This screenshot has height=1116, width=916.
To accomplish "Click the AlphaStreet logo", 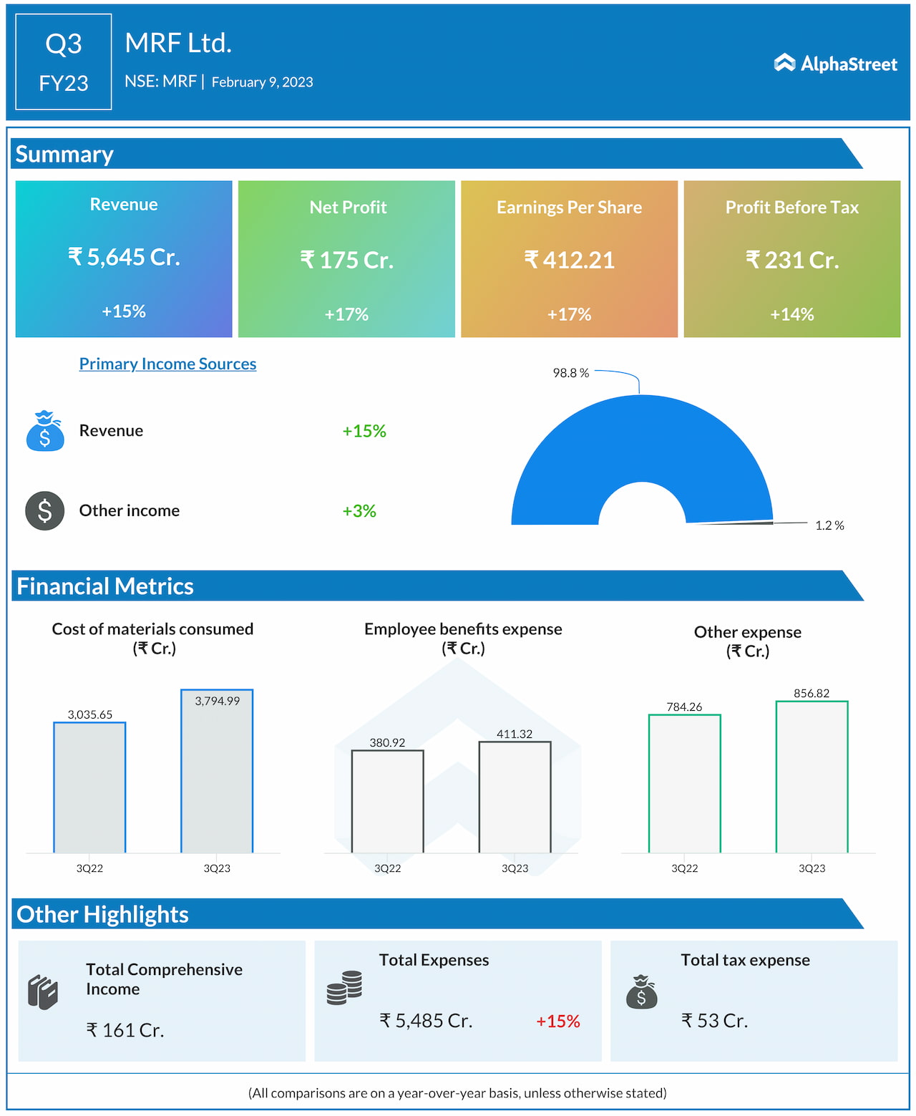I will [x=835, y=64].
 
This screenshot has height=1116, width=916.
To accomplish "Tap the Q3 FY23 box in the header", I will [x=64, y=62].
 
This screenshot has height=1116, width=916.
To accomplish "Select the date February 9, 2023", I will [x=262, y=82].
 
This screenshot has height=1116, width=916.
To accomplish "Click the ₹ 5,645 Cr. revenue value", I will [x=124, y=257].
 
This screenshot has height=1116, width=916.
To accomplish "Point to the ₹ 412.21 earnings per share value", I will [x=569, y=260].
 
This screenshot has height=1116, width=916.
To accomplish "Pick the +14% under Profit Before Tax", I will [x=791, y=314].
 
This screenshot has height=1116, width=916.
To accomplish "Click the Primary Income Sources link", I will [x=167, y=364].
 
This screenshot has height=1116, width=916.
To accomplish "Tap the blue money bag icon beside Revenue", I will [x=45, y=431].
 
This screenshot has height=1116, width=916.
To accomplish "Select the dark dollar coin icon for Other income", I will [x=45, y=511].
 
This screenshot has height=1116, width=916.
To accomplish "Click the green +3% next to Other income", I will [x=359, y=511].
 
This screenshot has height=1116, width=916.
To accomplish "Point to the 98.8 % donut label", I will [x=570, y=373].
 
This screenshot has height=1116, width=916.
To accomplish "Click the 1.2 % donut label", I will [x=829, y=525].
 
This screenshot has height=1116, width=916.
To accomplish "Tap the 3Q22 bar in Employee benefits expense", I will [x=387, y=802].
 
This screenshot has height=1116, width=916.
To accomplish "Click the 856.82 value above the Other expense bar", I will [x=812, y=693].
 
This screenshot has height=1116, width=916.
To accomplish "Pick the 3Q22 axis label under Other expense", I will [x=684, y=868].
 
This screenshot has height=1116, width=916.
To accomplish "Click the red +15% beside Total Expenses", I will [x=557, y=1022].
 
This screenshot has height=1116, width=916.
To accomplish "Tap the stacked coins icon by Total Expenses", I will [x=344, y=988].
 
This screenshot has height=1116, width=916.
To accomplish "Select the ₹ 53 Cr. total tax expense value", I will [x=714, y=1021].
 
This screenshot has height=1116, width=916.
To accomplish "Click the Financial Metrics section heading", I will [x=105, y=586].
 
